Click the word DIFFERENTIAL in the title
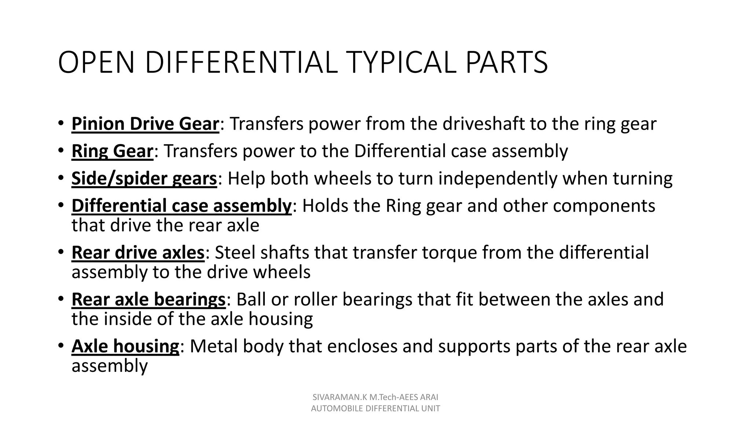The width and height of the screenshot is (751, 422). pyautogui.click(x=241, y=62)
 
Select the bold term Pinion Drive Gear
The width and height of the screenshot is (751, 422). pyautogui.click(x=145, y=124)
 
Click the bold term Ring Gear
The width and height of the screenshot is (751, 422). pyautogui.click(x=112, y=151)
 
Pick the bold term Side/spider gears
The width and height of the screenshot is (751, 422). pyautogui.click(x=144, y=179)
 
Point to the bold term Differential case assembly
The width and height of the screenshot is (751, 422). pyautogui.click(x=182, y=206)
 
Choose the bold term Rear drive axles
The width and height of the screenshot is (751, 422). pyautogui.click(x=138, y=253)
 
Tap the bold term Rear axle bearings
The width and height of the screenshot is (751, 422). pyautogui.click(x=149, y=300)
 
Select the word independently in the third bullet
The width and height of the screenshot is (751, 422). pyautogui.click(x=498, y=179)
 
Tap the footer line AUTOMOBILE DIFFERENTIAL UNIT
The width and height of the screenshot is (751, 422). pyautogui.click(x=375, y=409)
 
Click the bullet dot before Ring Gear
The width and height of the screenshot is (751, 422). pyautogui.click(x=61, y=151)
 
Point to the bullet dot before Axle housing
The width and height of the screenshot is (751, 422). pyautogui.click(x=61, y=345)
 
